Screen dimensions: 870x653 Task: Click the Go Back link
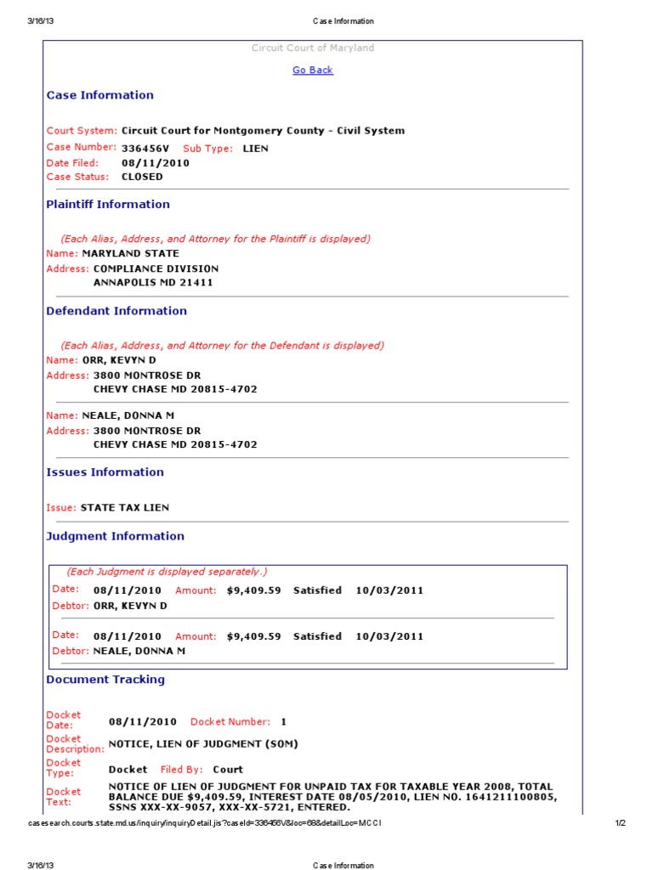[x=313, y=71]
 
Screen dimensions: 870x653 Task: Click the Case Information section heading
[x=99, y=95]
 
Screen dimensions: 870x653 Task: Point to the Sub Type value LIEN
[x=255, y=149]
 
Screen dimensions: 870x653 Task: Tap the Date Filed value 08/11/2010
[x=156, y=163]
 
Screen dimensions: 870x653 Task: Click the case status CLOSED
[x=142, y=177]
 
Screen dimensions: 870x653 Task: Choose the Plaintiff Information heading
[x=108, y=204]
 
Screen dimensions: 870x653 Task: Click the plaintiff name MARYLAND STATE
[x=130, y=253]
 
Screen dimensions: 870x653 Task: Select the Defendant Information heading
[x=116, y=311]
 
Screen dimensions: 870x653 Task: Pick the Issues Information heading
[x=105, y=472]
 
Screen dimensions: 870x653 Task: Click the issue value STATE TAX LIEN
[x=124, y=507]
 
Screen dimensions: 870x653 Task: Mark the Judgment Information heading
[x=115, y=536]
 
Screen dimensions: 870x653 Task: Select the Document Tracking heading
[x=105, y=680]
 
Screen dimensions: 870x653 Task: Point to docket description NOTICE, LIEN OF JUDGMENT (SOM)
[x=203, y=744]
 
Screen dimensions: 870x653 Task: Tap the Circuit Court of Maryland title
[x=313, y=48]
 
